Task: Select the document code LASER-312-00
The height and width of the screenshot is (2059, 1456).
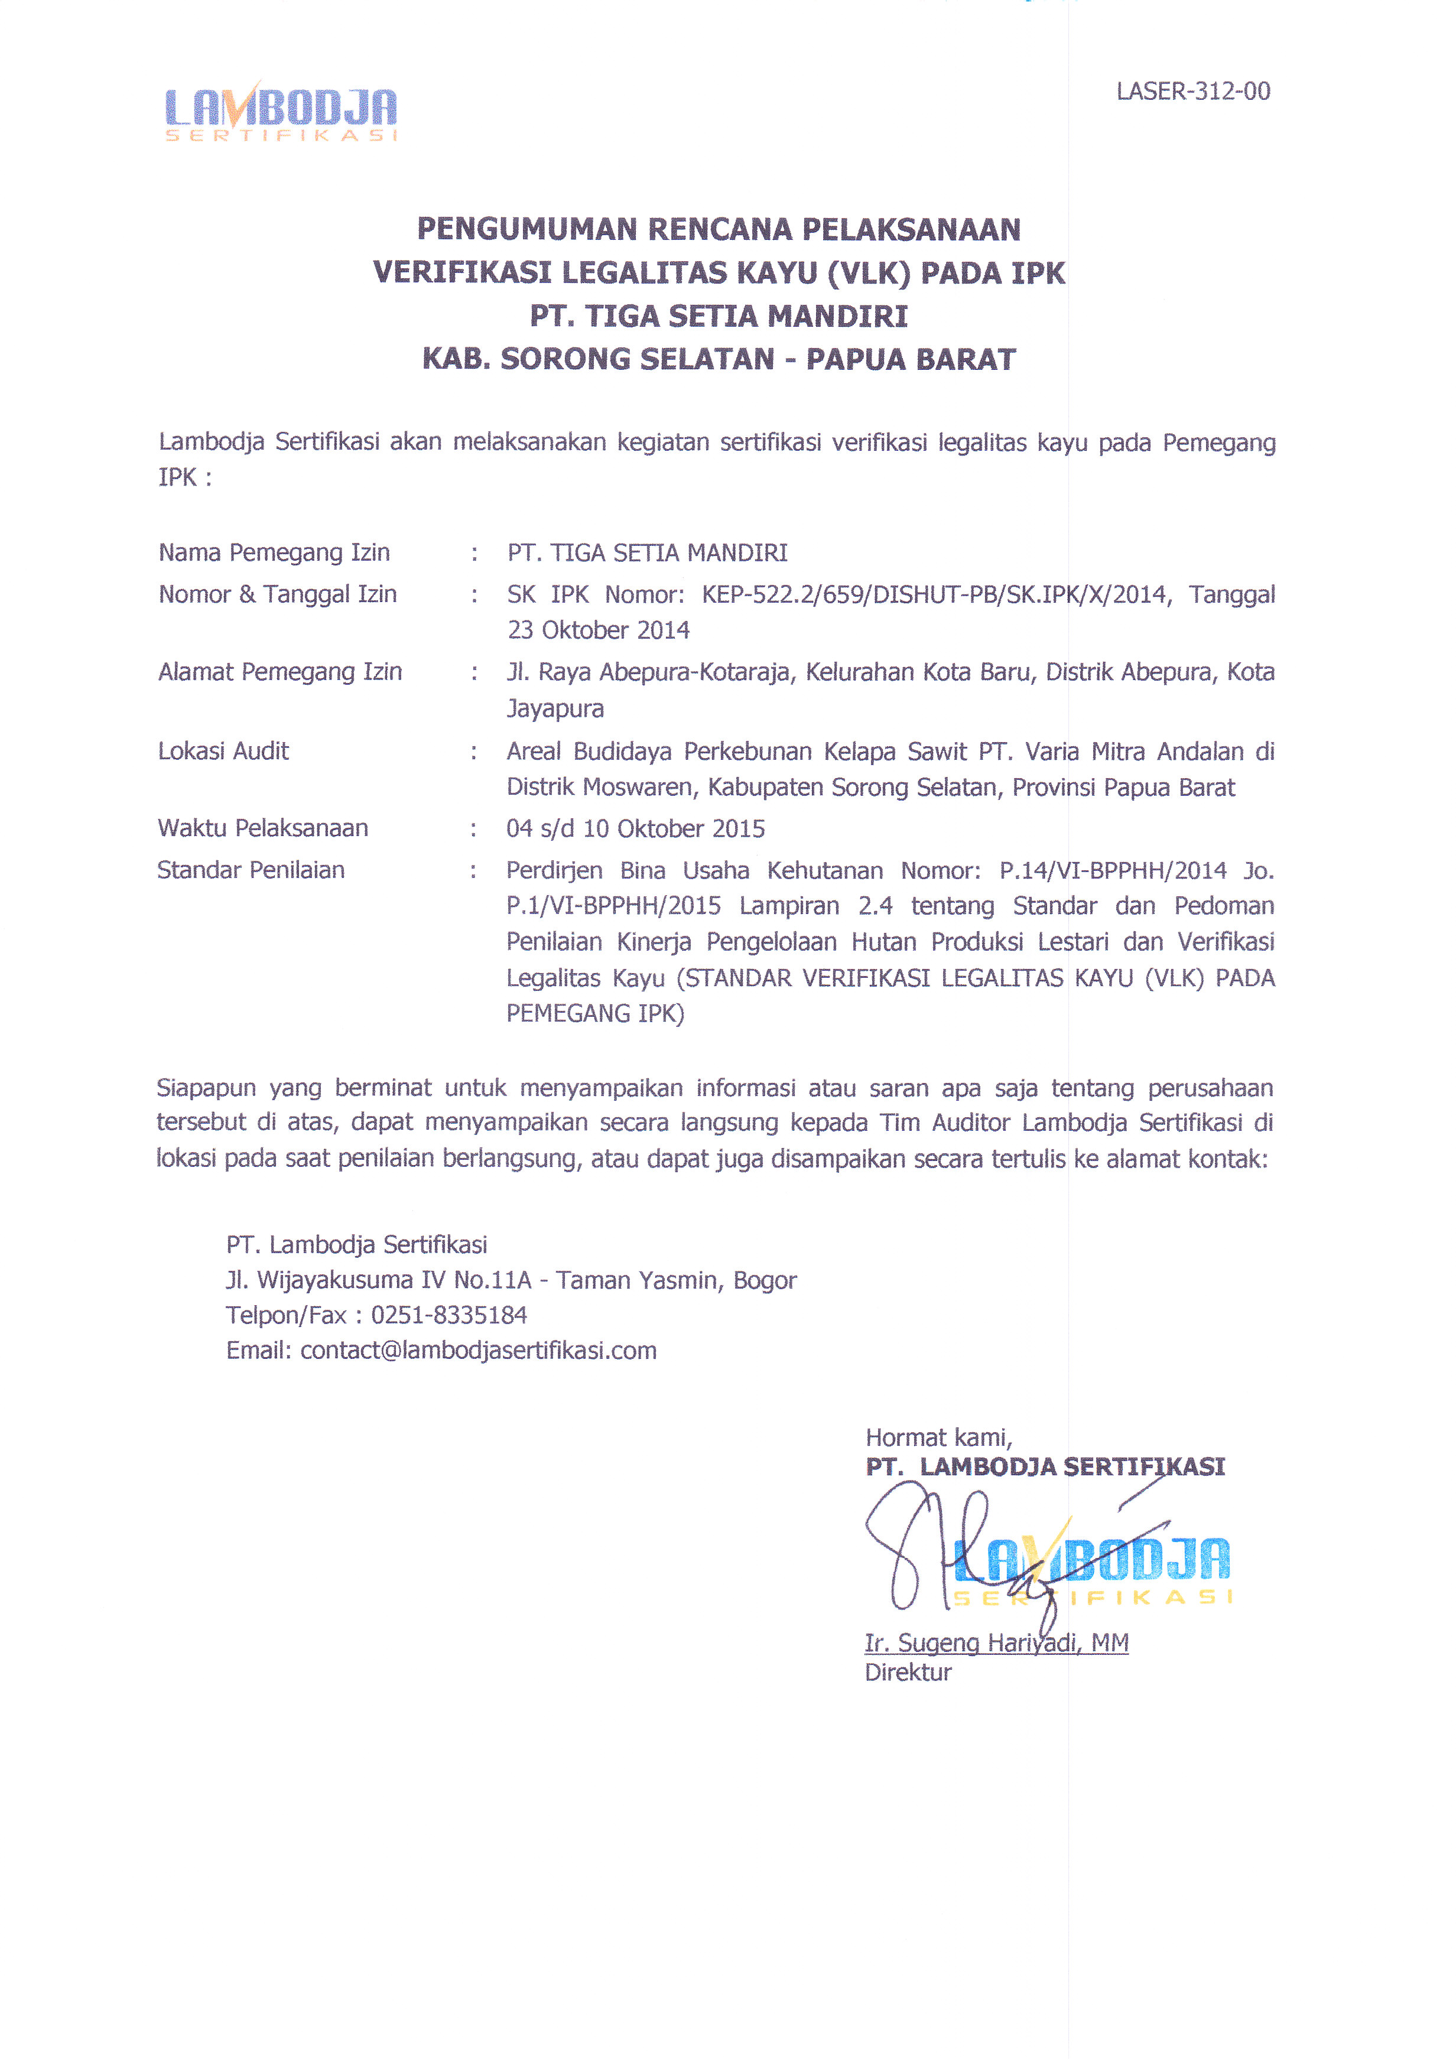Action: click(x=1192, y=92)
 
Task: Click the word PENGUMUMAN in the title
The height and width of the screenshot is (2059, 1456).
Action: click(x=528, y=230)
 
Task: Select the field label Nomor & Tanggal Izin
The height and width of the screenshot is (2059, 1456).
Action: click(x=277, y=594)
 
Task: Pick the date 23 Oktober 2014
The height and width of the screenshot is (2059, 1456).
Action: click(x=599, y=630)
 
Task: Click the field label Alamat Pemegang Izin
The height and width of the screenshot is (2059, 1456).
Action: click(x=280, y=672)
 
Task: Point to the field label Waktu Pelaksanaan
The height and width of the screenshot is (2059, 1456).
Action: click(x=263, y=828)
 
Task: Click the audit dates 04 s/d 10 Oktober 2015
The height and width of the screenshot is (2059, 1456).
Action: click(x=635, y=828)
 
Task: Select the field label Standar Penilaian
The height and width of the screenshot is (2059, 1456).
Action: click(x=251, y=870)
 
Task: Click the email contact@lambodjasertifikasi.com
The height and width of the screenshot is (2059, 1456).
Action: click(x=478, y=1351)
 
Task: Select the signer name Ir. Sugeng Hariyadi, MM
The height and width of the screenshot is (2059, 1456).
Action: click(x=996, y=1643)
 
